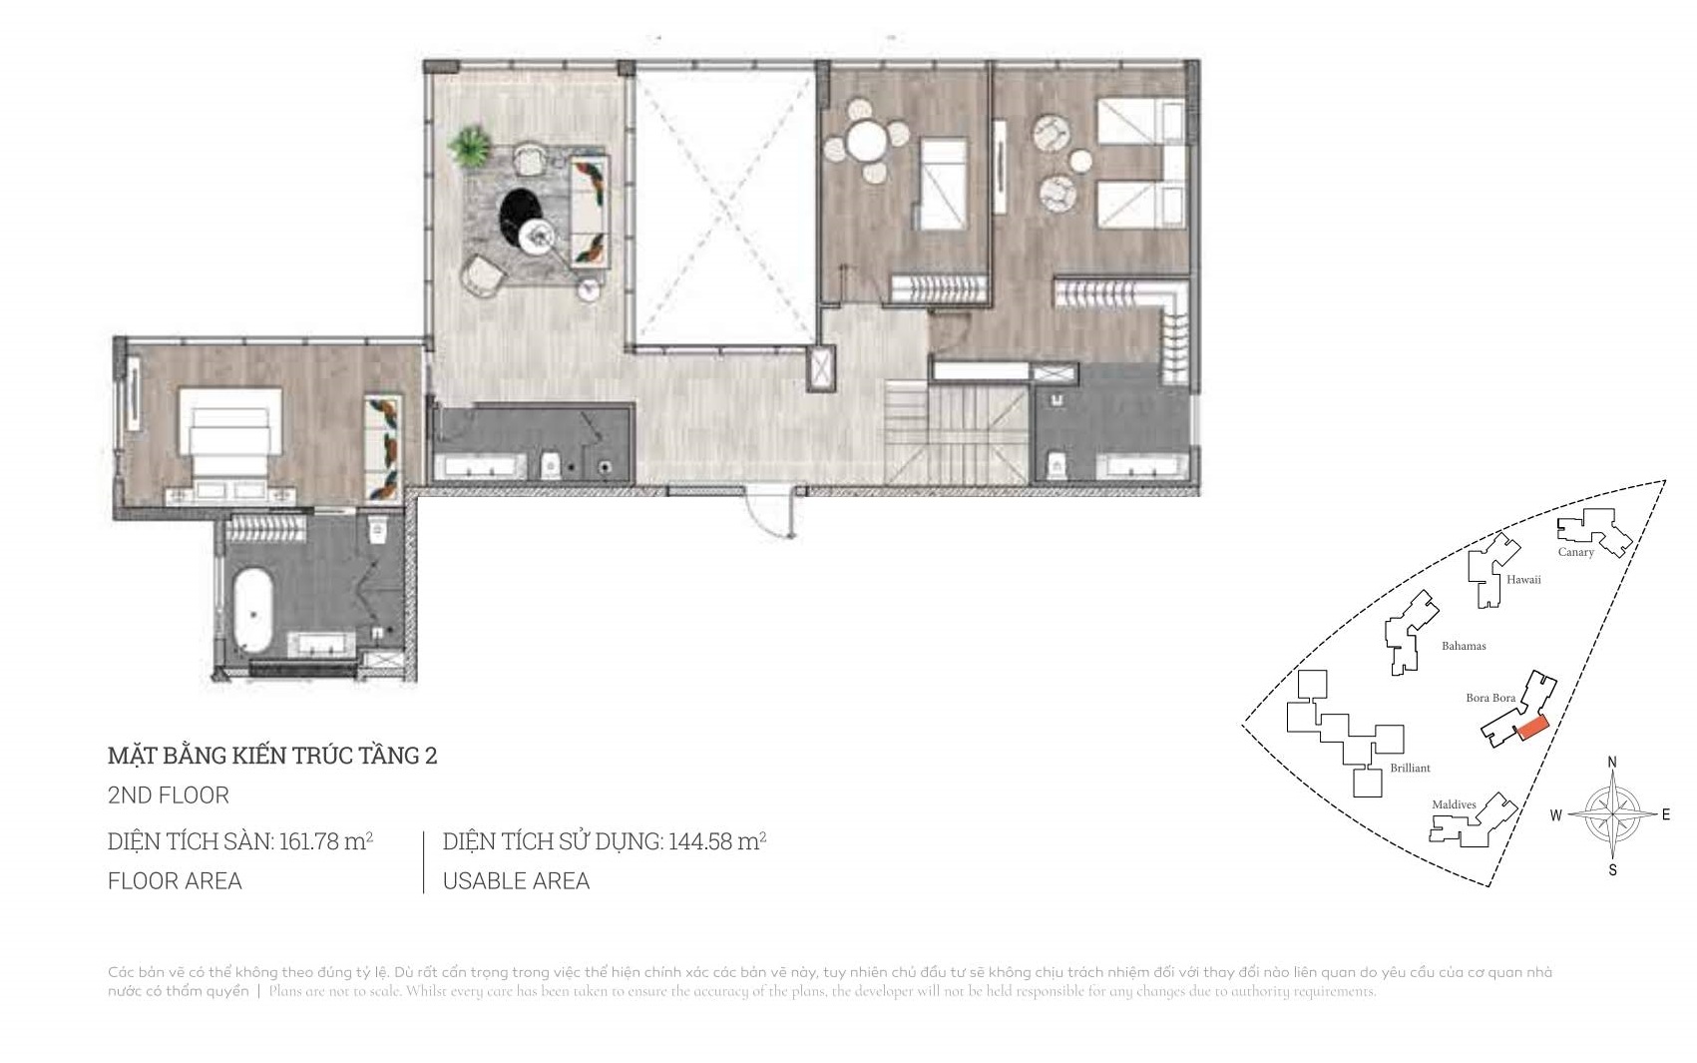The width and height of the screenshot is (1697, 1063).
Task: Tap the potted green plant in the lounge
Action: click(x=469, y=148)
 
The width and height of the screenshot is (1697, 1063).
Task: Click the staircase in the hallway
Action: click(x=956, y=434)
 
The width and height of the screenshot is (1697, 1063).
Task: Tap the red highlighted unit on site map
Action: click(x=1531, y=728)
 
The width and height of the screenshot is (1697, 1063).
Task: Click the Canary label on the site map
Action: click(x=1576, y=552)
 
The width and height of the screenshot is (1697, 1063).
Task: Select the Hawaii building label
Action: click(x=1523, y=580)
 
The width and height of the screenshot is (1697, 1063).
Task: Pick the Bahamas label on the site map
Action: click(x=1464, y=646)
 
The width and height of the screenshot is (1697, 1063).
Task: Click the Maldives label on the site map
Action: click(x=1454, y=804)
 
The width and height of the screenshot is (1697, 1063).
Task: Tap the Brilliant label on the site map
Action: click(x=1410, y=768)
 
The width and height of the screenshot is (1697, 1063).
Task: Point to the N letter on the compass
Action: click(x=1612, y=763)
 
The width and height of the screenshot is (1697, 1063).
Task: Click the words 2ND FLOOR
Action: click(x=169, y=796)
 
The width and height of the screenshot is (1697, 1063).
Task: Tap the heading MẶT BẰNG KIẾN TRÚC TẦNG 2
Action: click(x=272, y=756)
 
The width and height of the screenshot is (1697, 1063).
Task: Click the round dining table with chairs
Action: click(x=866, y=143)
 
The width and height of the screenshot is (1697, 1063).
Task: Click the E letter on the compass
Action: click(x=1665, y=814)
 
